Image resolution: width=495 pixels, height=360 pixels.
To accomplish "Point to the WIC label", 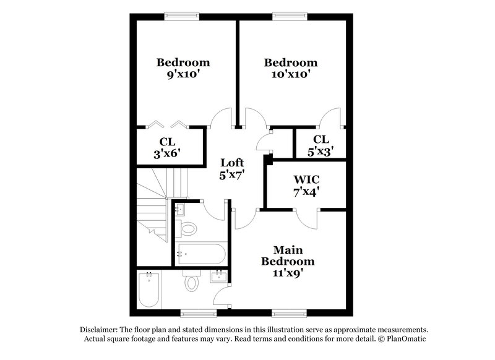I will [x=306, y=179].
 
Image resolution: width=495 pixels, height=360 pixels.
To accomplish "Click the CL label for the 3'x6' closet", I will [x=167, y=142].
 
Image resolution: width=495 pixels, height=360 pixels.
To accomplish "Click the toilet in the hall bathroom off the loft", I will [x=187, y=229].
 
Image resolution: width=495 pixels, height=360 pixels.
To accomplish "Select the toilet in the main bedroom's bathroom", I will [x=192, y=283].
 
